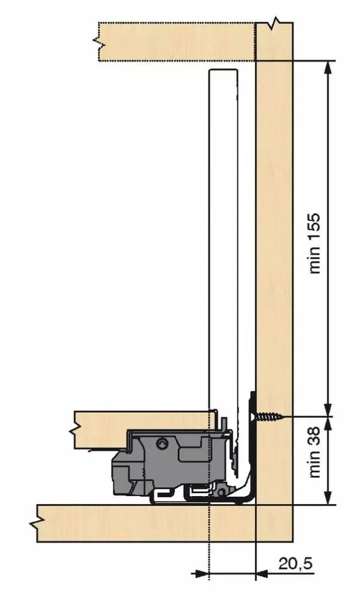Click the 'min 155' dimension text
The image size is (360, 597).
click(314, 243)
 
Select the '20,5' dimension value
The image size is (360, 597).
click(296, 564)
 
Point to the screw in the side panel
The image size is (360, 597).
click(267, 416)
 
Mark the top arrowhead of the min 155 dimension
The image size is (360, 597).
click(328, 67)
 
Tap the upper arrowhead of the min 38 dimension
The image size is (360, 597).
click(328, 423)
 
